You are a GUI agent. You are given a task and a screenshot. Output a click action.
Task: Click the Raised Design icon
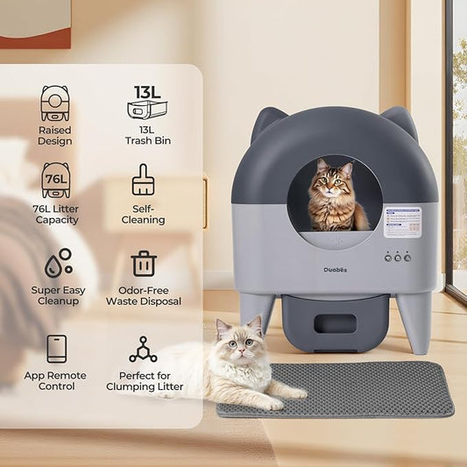pos(55,103)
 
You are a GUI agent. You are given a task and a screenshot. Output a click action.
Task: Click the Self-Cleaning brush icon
pos(143,180)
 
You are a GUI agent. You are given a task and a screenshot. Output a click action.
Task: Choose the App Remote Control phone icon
pos(56,348)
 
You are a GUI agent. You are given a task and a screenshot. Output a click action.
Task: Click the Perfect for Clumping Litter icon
pos(143,349)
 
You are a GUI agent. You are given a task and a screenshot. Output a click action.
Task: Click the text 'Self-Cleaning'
pos(143,214)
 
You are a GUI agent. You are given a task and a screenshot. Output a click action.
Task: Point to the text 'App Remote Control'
pos(55,381)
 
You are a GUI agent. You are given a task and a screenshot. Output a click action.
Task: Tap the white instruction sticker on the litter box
pos(402,223)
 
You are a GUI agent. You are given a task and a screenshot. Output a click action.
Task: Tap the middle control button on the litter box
pos(396,258)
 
